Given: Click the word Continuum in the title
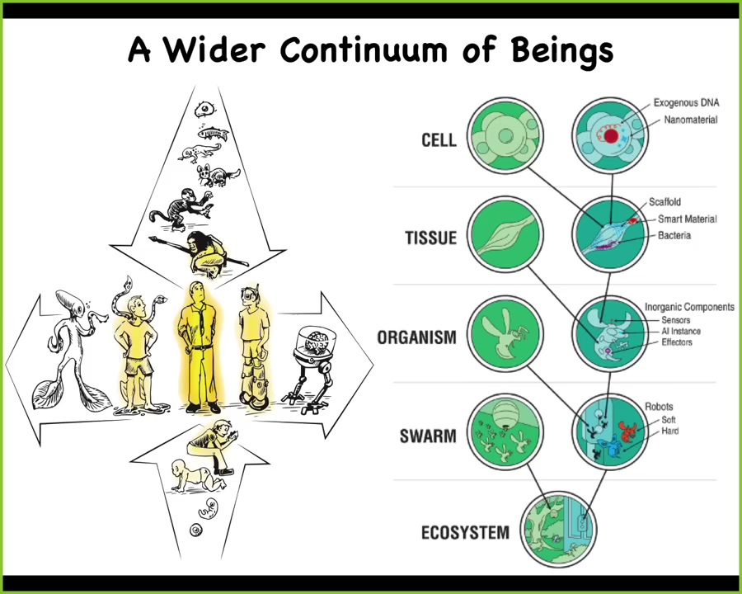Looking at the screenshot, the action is [x=363, y=49].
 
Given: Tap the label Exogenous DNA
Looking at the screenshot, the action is [x=686, y=102].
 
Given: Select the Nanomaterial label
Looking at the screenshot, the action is [x=690, y=120].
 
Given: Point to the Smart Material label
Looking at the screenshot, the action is [x=687, y=219].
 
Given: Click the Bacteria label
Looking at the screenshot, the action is [x=674, y=235].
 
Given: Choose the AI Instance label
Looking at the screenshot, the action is [x=680, y=331].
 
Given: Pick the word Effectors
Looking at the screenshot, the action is [x=677, y=342].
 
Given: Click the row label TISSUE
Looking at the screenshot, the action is [x=430, y=238].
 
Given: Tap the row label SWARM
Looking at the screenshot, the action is [x=428, y=436].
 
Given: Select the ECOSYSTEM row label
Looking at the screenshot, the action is [x=465, y=532].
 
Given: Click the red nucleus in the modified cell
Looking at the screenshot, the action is [x=611, y=136].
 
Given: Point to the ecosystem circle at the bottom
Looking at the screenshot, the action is [x=558, y=529].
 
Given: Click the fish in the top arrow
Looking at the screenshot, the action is [x=214, y=133].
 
